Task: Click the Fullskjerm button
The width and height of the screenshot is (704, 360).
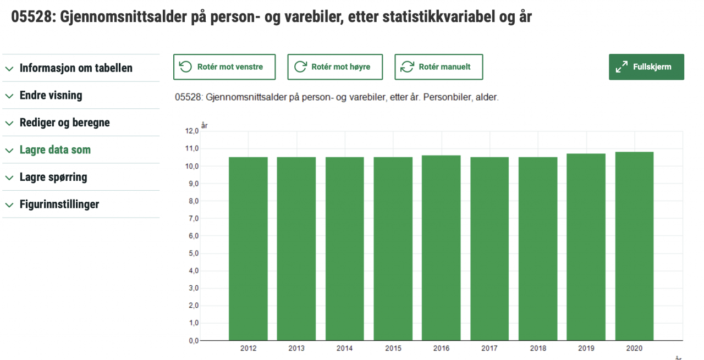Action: pos(646,67)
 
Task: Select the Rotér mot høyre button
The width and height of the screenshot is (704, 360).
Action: pos(334,67)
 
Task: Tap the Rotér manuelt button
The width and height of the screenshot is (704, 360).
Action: pos(438,67)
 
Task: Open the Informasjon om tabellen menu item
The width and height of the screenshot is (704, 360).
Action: pos(76,68)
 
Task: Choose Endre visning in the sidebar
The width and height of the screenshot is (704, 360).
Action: pos(51,95)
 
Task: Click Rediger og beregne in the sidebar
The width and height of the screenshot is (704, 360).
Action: pos(64,123)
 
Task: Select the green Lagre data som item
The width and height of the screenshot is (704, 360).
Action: pos(55,149)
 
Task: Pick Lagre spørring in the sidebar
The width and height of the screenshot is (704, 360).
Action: pos(53,177)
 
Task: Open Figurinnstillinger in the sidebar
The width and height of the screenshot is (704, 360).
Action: pos(59,204)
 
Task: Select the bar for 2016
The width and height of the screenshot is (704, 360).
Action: pos(441,247)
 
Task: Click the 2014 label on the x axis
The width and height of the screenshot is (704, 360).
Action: pos(345,348)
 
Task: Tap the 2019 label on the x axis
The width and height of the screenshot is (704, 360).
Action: pos(586,348)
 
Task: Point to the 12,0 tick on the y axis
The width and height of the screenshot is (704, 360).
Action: pos(191,131)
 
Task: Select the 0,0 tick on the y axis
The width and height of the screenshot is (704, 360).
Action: pos(191,341)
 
